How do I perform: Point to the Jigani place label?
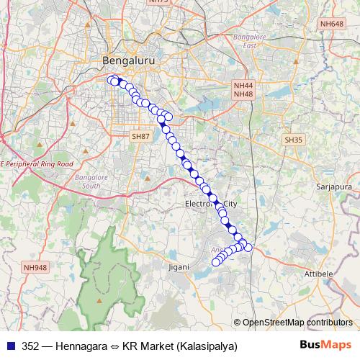(179, 267)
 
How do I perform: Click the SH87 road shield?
(140, 135)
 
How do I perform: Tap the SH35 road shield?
(292, 140)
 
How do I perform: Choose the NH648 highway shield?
(332, 24)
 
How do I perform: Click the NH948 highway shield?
(35, 267)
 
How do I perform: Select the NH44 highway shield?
(243, 85)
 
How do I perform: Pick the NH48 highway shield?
(243, 94)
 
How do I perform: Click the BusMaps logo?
(326, 345)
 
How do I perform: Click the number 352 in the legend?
(31, 346)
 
